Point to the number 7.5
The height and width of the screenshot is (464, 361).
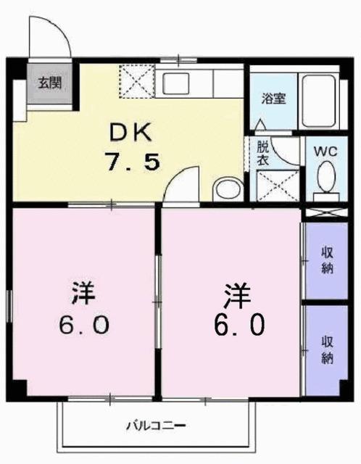tap(131, 161)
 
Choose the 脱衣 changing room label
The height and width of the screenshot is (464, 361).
tap(262, 154)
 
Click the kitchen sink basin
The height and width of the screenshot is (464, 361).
tap(177, 83)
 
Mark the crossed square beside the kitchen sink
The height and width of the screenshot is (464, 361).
tap(135, 81)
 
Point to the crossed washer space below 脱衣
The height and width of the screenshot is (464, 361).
tap(278, 185)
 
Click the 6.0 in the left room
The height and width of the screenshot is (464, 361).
tap(83, 324)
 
